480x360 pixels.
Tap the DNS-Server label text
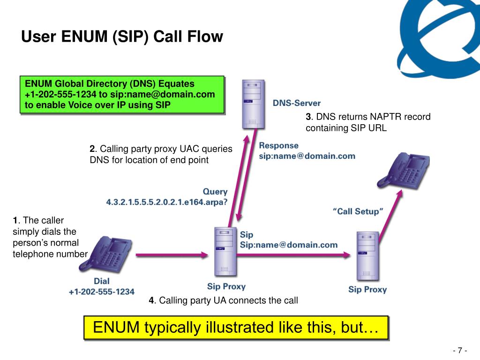pyautogui.click(x=297, y=103)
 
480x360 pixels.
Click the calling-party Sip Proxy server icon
pyautogui.click(x=222, y=252)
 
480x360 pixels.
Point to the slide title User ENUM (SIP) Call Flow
pyautogui.click(x=122, y=37)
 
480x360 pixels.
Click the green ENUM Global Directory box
pyautogui.click(x=122, y=94)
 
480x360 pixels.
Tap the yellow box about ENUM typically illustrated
pyautogui.click(x=236, y=327)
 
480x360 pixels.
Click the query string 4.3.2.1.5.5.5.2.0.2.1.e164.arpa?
pyautogui.click(x=166, y=202)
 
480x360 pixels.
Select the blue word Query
pyautogui.click(x=215, y=192)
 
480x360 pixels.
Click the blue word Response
pyautogui.click(x=278, y=146)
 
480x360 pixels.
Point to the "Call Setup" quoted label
pyautogui.click(x=358, y=211)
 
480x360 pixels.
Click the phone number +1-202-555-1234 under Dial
pyautogui.click(x=101, y=292)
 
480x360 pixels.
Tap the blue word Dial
pyautogui.click(x=101, y=281)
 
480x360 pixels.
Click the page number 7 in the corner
pyautogui.click(x=460, y=351)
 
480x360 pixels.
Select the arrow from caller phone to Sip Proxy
pyautogui.click(x=172, y=255)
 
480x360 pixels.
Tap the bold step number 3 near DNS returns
pyautogui.click(x=308, y=117)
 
